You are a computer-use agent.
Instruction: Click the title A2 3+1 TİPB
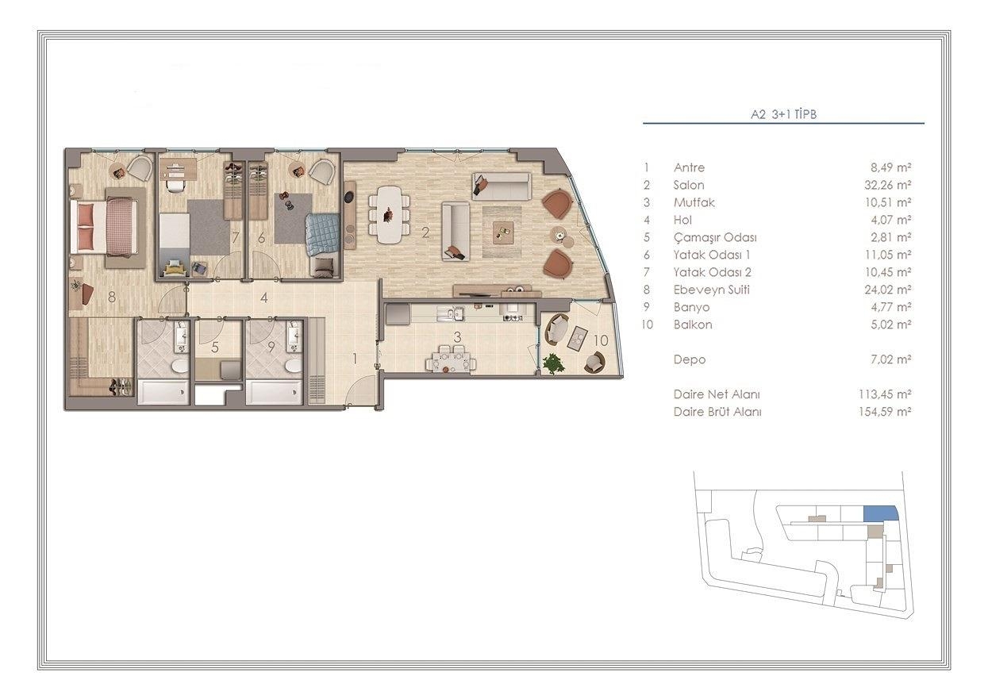click(x=783, y=114)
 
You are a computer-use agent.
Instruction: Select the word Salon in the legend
click(x=689, y=185)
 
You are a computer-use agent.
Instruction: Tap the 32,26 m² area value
click(x=887, y=185)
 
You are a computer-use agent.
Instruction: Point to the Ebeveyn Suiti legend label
click(x=711, y=290)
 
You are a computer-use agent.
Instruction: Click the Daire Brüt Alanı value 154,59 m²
click(x=885, y=412)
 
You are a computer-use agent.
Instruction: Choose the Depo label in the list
click(x=690, y=359)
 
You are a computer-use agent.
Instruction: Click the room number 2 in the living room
click(x=425, y=232)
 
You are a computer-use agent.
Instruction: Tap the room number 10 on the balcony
click(x=601, y=340)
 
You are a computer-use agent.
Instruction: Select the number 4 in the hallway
click(x=263, y=298)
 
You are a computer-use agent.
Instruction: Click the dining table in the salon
click(x=389, y=215)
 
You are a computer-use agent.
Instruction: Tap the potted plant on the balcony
click(x=553, y=364)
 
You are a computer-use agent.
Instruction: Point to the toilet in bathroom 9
click(x=291, y=366)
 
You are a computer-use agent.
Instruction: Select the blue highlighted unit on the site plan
click(x=880, y=513)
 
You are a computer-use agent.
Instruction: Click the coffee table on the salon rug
click(x=503, y=232)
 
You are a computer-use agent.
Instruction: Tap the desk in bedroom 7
click(x=178, y=170)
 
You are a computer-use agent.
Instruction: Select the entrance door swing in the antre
click(x=360, y=389)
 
